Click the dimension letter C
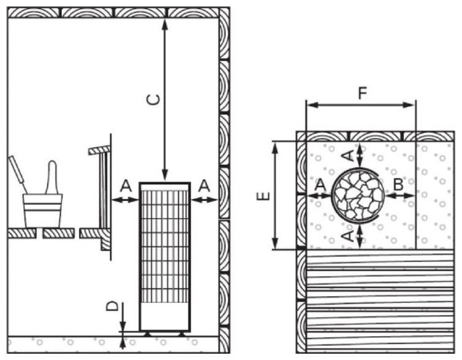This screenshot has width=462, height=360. (154, 99)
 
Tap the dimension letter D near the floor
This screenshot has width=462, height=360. (112, 307)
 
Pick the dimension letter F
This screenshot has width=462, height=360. (362, 93)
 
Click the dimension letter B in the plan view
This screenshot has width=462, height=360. (398, 185)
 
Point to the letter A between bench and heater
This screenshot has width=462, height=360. (126, 186)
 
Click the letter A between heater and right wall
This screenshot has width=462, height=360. (204, 186)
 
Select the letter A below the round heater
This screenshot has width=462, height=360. (349, 236)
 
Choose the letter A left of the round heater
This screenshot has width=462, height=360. (320, 185)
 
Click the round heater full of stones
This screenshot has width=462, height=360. (358, 195)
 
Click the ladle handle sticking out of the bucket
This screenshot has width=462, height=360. (18, 174)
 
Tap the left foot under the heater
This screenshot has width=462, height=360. (146, 334)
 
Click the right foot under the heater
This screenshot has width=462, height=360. (182, 334)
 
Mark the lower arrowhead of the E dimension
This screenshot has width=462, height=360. (275, 243)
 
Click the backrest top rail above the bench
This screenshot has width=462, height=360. (99, 150)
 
